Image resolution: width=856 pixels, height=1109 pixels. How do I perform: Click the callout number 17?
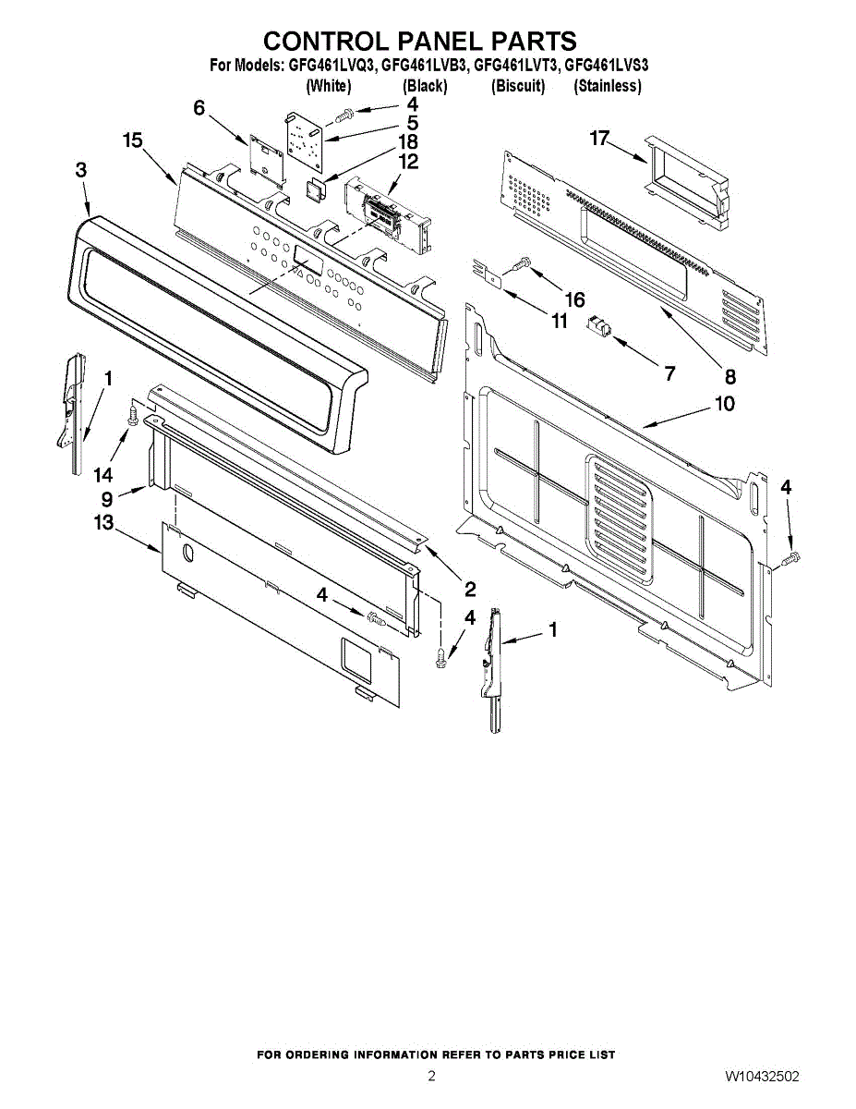click(600, 139)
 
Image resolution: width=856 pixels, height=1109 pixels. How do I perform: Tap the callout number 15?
click(132, 140)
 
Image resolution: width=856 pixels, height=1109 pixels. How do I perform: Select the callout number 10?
click(724, 405)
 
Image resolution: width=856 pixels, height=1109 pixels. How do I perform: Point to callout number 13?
click(102, 523)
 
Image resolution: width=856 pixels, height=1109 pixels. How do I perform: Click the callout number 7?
click(669, 373)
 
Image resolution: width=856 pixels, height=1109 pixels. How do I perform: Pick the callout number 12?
click(408, 162)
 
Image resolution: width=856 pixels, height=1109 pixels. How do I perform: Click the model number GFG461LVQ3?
click(329, 66)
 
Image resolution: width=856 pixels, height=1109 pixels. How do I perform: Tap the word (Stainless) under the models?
click(607, 86)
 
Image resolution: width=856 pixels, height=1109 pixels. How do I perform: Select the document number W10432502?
click(762, 1077)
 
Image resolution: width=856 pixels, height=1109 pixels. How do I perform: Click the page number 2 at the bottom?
click(431, 1077)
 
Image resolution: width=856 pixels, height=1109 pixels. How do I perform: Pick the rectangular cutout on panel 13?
click(359, 656)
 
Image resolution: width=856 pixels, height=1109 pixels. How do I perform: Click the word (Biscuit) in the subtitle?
click(518, 86)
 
